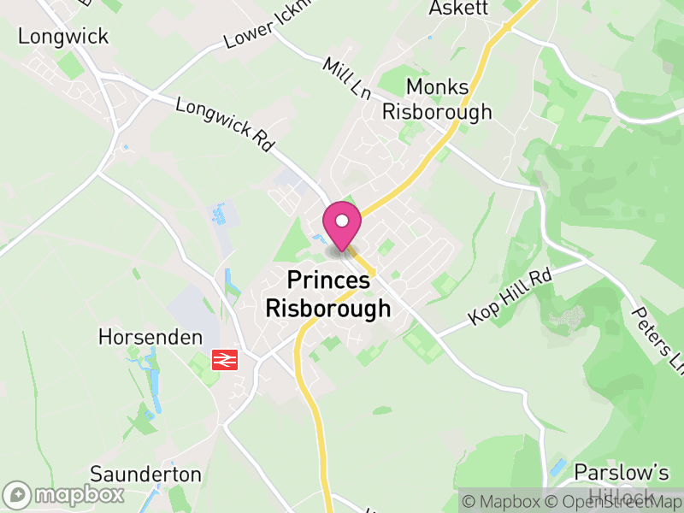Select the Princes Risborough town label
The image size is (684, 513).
(328, 294)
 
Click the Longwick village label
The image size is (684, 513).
(63, 36)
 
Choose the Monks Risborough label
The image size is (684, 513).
(437, 99)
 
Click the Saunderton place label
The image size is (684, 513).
(145, 475)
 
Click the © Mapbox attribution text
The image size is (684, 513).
(503, 502)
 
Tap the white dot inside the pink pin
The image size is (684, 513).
(342, 221)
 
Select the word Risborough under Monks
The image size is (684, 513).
(437, 111)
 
